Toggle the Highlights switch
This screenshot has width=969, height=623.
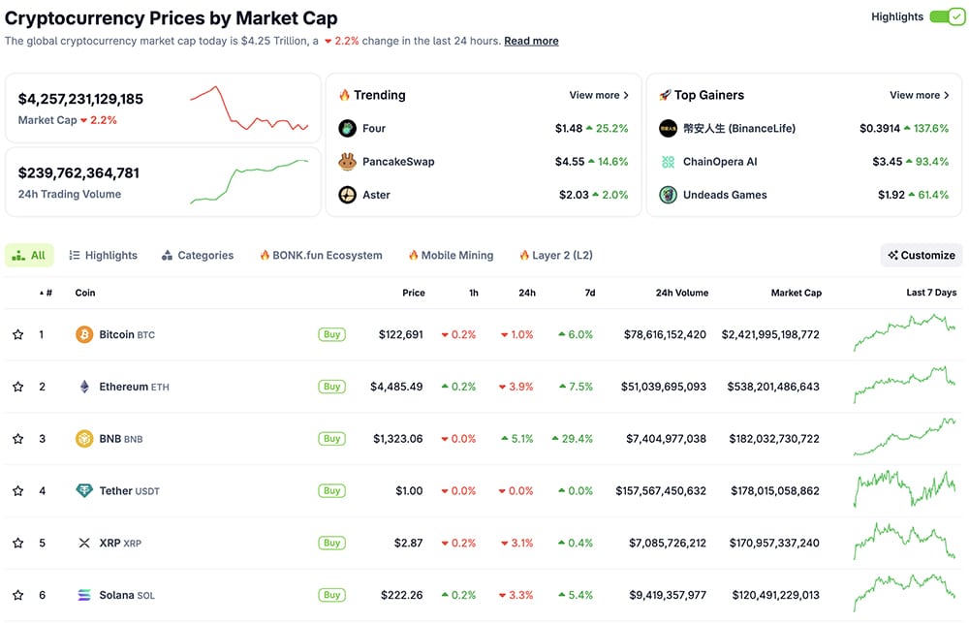(x=947, y=16)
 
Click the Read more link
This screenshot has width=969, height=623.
(x=531, y=41)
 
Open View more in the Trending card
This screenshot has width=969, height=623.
(x=599, y=95)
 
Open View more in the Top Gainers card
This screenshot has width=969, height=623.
(x=920, y=95)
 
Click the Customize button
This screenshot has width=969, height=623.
(x=922, y=255)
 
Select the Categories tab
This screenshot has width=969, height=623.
(x=198, y=255)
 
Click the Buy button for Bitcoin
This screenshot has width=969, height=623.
(x=331, y=334)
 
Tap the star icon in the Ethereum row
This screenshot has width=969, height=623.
(x=17, y=387)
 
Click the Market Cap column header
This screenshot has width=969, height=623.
(x=796, y=293)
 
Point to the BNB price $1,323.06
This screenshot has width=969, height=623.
(x=397, y=439)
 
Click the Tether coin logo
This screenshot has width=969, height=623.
(x=84, y=490)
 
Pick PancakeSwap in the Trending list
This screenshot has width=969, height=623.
(x=397, y=162)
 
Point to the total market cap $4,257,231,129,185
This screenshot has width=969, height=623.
(x=80, y=99)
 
